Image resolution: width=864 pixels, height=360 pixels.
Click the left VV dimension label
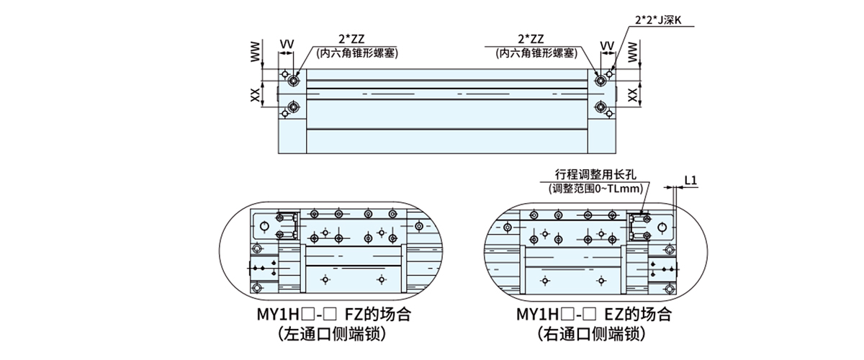point(287,45)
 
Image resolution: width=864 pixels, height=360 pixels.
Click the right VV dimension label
point(607,45)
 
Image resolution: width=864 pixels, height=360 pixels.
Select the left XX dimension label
point(256,95)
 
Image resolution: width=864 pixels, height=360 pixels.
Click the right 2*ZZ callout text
point(531,40)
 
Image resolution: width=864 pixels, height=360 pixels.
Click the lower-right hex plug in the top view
point(600,108)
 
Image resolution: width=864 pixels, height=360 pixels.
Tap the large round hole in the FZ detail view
point(265,227)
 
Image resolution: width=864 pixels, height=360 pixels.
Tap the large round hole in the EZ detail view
point(662,228)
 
